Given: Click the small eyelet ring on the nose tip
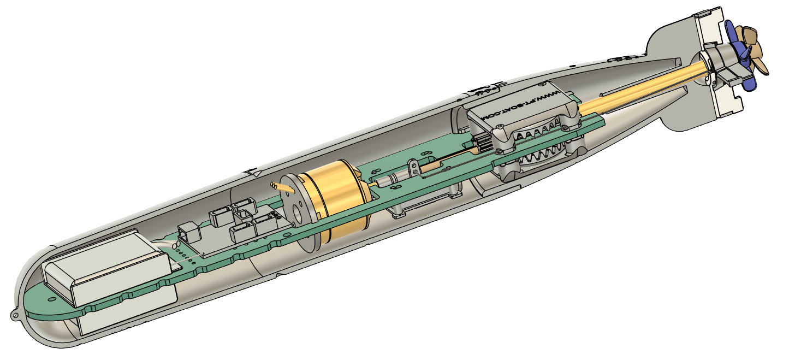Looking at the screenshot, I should pos(15,315).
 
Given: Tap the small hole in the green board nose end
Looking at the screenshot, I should pos(52,299).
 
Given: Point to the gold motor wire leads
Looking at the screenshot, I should pos(283,187).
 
